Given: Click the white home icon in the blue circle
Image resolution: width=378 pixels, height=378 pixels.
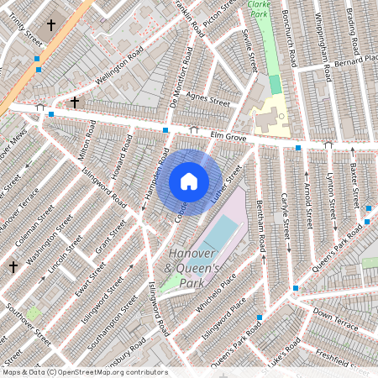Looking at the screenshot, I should tap(189, 181).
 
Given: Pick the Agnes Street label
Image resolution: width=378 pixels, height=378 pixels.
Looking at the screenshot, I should tap(207, 99).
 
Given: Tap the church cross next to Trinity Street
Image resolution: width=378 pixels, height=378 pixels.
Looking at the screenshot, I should tap(50, 26).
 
